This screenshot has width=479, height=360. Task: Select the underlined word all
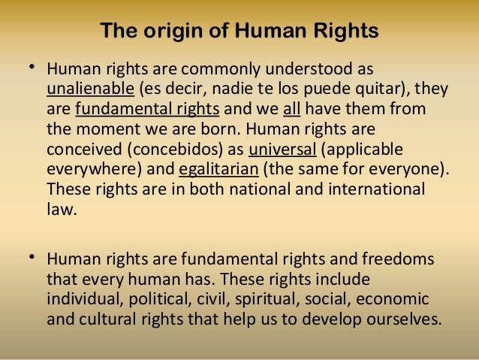point(291,110)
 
